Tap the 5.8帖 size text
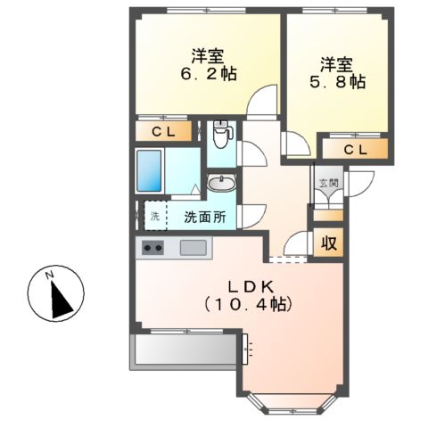(x=336, y=83)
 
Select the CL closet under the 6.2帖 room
(x=164, y=132)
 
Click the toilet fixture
(x=222, y=136)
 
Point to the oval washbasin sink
(x=221, y=184)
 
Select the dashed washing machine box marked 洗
(x=154, y=216)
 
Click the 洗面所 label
(x=205, y=217)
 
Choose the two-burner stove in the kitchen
(x=152, y=248)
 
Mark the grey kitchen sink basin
(x=193, y=247)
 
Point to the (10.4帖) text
(x=248, y=304)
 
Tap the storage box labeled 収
(x=328, y=242)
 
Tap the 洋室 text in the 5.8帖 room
(x=336, y=64)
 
